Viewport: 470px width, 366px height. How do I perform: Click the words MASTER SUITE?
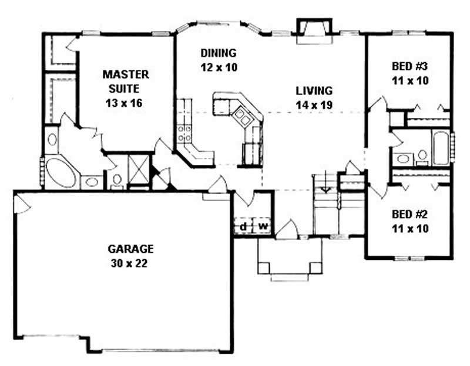126,82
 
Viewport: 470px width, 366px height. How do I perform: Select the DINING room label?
217,52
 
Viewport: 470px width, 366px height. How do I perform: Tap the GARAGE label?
123,248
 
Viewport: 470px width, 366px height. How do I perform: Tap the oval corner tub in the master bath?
61,172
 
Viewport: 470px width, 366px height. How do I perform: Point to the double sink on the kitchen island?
242,117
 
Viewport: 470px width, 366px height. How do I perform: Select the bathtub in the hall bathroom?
441,147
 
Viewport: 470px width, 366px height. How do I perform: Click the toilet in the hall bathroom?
422,155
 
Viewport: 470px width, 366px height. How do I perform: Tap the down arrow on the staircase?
325,188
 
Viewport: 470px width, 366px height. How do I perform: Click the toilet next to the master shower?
116,179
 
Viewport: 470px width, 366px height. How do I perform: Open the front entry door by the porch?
287,230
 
